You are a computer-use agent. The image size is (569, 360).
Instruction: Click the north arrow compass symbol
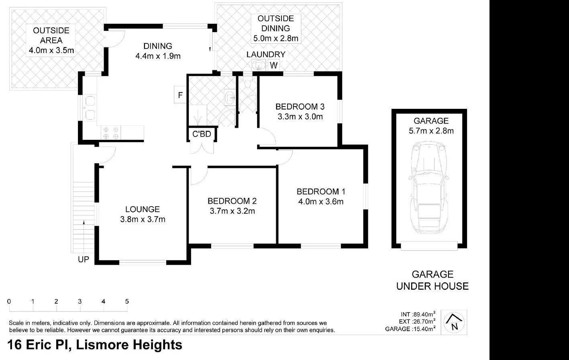coord(454,322)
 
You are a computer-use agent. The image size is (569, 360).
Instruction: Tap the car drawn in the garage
coord(429,188)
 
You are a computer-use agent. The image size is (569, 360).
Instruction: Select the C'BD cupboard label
coord(202,134)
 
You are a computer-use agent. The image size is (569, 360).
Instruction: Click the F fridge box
coord(180,95)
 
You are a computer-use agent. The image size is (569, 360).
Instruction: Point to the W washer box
coord(274,65)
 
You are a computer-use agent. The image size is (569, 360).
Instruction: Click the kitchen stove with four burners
coord(111,133)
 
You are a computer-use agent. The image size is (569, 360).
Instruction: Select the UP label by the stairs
coord(84,260)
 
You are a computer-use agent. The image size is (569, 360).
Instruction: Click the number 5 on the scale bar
coord(127,302)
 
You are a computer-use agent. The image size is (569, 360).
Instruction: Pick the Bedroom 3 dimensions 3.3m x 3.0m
coord(300,117)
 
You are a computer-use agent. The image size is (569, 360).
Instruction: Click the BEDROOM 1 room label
coord(320,191)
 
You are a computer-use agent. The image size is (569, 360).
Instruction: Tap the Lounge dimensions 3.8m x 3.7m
coord(142,219)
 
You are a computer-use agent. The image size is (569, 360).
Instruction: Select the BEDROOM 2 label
coord(232,201)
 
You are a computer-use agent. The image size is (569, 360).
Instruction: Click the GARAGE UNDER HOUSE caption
coord(432,280)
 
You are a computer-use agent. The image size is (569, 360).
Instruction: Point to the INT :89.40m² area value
coord(418,314)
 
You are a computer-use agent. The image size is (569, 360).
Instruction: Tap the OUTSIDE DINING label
coord(275,23)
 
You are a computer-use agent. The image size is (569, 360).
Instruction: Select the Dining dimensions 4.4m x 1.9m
coord(158,56)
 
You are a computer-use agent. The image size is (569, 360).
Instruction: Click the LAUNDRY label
coord(266,55)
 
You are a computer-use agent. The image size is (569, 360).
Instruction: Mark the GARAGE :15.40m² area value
coord(410,329)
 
